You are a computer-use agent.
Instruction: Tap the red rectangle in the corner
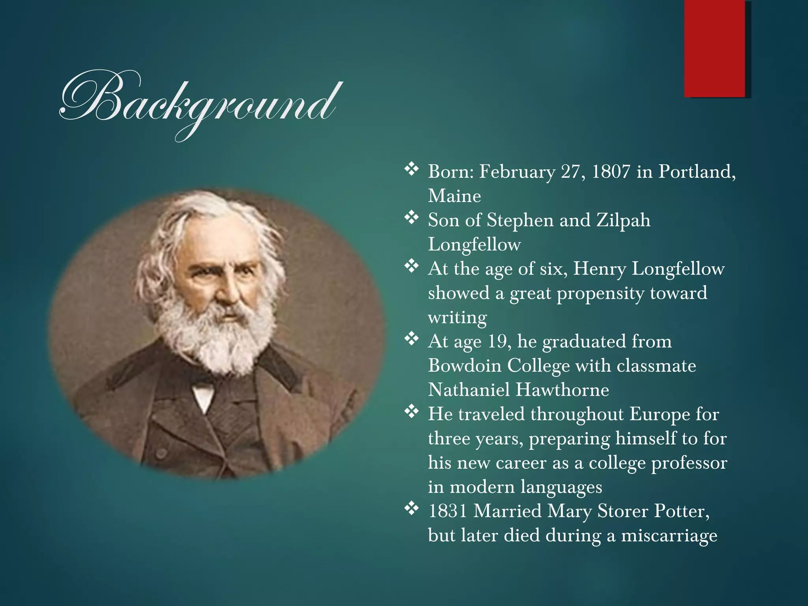[x=714, y=48]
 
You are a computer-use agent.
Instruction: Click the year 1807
[x=611, y=172]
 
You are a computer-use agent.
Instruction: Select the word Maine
[x=454, y=196]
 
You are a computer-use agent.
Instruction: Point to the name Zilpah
[x=623, y=220]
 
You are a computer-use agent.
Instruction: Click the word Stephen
[x=520, y=220]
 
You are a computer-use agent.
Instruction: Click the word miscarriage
[x=669, y=535]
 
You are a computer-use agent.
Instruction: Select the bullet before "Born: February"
[x=411, y=169]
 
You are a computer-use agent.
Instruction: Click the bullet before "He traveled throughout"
[x=411, y=412]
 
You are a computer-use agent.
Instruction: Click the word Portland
[x=697, y=172]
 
